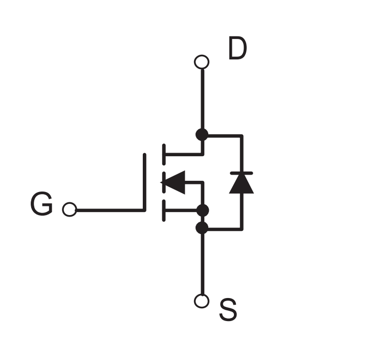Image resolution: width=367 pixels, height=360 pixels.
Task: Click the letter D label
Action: click(x=238, y=48)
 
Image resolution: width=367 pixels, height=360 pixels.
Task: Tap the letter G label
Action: click(x=41, y=203)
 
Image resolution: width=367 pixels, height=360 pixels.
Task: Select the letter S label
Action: click(x=228, y=310)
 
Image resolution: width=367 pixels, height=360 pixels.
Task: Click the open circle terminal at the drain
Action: click(x=202, y=62)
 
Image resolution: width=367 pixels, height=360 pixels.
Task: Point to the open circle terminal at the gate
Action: click(x=70, y=209)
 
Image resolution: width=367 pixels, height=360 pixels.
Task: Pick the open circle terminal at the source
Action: click(x=202, y=301)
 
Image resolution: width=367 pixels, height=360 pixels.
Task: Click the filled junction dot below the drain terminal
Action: click(x=202, y=135)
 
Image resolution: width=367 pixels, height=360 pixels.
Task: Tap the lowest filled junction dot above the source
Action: click(x=202, y=228)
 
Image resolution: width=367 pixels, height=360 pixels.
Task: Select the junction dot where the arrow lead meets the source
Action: click(x=203, y=210)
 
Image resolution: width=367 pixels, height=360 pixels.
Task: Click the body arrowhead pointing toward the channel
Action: click(x=173, y=182)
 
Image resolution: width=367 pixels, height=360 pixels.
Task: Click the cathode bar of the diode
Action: click(x=241, y=173)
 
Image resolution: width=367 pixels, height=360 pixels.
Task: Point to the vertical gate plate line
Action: click(x=144, y=182)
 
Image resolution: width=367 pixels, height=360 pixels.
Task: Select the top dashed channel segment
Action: click(x=164, y=154)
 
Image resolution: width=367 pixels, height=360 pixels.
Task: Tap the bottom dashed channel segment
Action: click(x=164, y=210)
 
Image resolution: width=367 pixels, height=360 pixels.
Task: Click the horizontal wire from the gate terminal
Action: click(x=110, y=210)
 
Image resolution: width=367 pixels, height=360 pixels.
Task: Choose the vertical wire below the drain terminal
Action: click(x=203, y=99)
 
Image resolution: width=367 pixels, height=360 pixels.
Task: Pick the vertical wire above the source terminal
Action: click(x=203, y=264)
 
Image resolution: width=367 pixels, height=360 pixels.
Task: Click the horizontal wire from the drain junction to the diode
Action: click(x=225, y=136)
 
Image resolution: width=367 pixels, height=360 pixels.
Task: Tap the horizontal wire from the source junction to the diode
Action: click(x=225, y=229)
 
